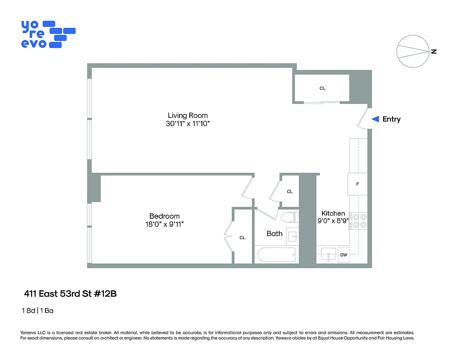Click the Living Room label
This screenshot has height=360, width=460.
[x=188, y=116]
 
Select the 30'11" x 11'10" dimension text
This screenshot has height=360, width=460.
[x=188, y=124]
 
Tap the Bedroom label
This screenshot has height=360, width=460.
[x=165, y=216]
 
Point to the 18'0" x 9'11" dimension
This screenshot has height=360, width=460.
[x=165, y=224]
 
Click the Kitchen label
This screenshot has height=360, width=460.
[x=333, y=213]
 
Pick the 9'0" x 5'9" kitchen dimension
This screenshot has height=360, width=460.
[x=333, y=221]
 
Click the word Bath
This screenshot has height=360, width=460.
[x=274, y=233]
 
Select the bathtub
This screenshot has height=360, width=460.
[x=277, y=255]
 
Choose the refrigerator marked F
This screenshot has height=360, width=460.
[x=357, y=184]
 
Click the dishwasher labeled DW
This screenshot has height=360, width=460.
[x=344, y=255]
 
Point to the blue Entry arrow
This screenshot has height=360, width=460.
[x=375, y=119]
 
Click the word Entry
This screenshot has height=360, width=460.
[x=391, y=119]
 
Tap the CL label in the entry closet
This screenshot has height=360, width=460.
[x=322, y=88]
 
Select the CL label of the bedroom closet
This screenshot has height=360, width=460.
[x=242, y=238]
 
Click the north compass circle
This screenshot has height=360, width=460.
[x=412, y=51]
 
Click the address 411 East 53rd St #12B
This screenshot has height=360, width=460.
[x=70, y=294]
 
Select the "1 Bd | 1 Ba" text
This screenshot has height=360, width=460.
[x=38, y=310]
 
